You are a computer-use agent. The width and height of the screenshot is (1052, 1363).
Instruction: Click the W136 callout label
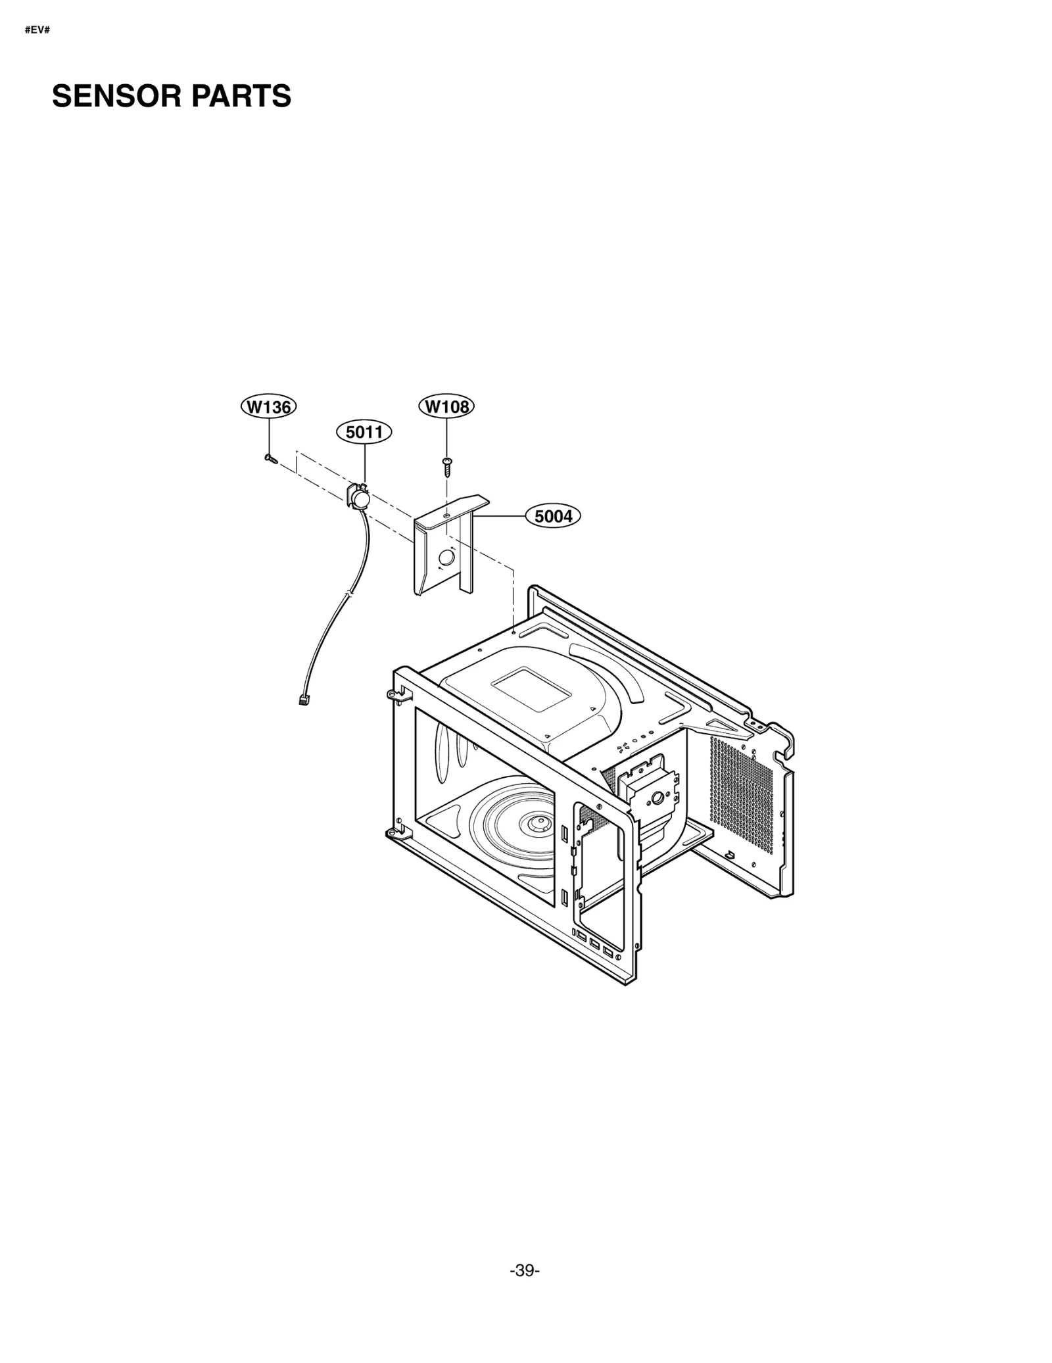268,407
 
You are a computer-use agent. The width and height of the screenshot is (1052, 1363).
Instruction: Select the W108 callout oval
446,406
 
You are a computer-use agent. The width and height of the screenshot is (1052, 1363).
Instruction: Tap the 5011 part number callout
364,432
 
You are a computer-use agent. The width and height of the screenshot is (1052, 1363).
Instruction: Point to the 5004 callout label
553,516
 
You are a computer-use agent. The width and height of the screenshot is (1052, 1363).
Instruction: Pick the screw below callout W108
447,467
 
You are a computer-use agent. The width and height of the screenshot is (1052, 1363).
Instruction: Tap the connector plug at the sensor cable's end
304,700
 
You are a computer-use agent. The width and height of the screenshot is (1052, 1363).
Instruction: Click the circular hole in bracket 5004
446,557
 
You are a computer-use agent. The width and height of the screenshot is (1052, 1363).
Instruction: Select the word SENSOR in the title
116,97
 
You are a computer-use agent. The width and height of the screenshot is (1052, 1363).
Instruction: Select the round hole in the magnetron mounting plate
656,800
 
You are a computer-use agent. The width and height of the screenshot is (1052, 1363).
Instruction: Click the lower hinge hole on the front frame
393,833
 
